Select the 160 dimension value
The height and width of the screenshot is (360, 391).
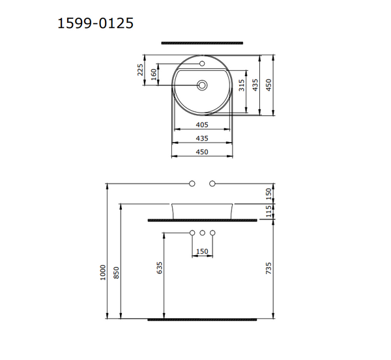click(x=154, y=75)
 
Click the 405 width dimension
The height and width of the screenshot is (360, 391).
click(x=201, y=124)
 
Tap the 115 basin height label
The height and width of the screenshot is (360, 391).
click(x=268, y=211)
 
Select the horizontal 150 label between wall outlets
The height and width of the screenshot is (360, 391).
click(x=201, y=251)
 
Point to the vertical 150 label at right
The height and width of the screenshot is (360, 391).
click(x=268, y=193)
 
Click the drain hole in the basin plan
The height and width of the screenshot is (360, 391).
click(x=202, y=85)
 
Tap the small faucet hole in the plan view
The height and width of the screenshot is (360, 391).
click(x=202, y=64)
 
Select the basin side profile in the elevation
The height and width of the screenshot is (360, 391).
click(x=202, y=211)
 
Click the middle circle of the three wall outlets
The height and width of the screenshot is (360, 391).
click(x=202, y=233)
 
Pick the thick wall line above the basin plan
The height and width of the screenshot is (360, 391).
click(x=201, y=43)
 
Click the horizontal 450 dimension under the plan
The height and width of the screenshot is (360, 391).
click(x=201, y=152)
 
